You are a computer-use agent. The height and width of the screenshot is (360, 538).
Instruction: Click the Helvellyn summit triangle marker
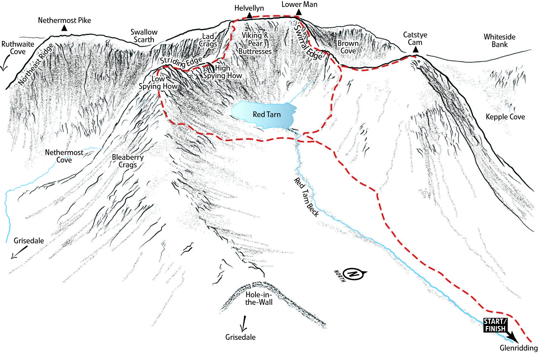249,16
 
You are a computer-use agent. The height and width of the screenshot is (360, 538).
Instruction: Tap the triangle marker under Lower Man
299,12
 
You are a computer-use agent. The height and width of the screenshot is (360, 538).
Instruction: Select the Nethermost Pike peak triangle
64,28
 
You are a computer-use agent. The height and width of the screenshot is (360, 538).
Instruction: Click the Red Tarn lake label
267,115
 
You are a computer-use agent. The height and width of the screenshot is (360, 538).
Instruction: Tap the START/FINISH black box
495,325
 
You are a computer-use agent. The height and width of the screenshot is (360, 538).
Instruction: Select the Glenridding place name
518,348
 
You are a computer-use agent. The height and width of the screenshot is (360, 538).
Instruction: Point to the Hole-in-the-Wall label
259,298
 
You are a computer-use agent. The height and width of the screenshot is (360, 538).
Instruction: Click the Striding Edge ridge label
181,62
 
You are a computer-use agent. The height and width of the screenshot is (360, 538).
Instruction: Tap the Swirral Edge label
308,43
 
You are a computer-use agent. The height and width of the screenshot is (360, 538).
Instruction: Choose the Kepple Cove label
505,117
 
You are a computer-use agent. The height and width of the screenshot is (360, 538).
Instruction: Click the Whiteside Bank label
499,41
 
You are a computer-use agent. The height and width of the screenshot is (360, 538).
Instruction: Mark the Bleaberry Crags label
128,161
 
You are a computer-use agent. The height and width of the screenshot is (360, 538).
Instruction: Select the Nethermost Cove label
64,156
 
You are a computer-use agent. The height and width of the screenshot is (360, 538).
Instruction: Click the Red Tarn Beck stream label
306,197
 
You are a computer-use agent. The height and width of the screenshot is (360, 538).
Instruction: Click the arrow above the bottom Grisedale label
243,324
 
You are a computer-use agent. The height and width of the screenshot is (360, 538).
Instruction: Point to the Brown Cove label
348,47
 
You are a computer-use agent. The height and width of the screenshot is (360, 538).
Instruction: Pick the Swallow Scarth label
144,36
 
